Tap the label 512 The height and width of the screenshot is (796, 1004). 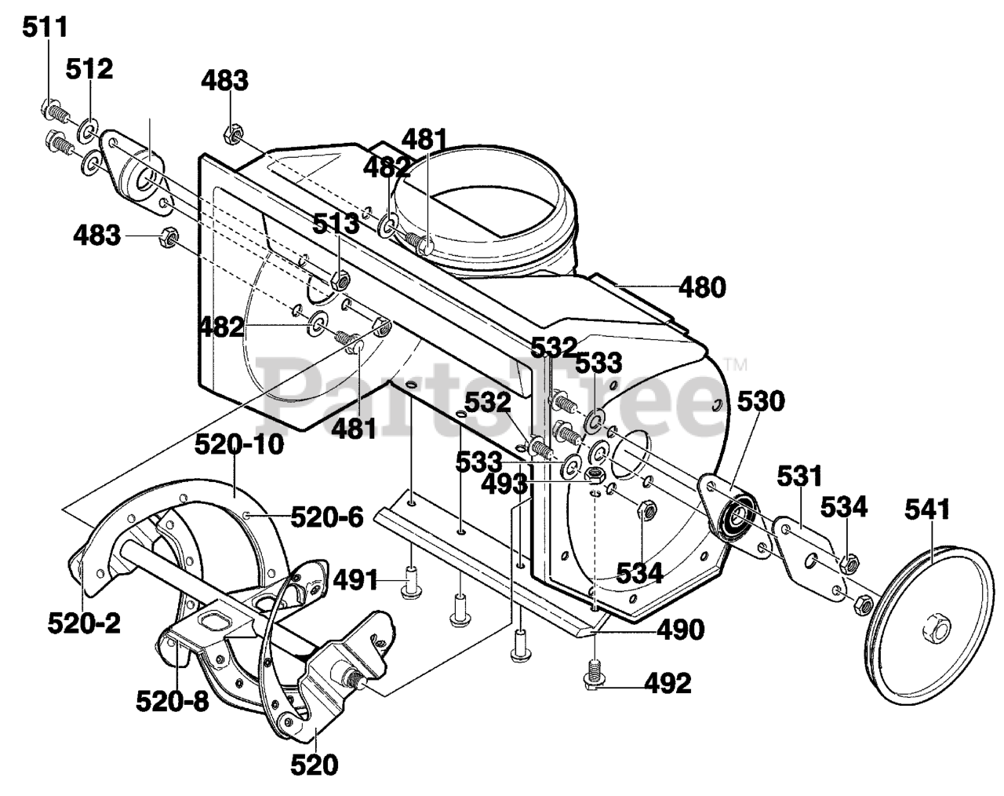(x=89, y=69)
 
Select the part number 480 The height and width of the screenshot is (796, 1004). (x=702, y=287)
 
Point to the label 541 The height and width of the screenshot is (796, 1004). (x=927, y=509)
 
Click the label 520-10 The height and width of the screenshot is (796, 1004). (x=239, y=444)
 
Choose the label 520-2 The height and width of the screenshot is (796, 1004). (x=84, y=623)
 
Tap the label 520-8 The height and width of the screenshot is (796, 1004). (x=172, y=701)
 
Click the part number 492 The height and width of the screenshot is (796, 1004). (x=668, y=685)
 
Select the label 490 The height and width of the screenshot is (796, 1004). (x=681, y=630)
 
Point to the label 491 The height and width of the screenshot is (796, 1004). (x=355, y=581)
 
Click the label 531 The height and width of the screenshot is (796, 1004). (x=799, y=477)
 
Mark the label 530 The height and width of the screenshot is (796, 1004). (x=761, y=401)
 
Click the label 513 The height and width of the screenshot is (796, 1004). (x=336, y=224)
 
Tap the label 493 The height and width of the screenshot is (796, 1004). (x=504, y=484)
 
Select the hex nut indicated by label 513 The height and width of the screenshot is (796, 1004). (x=340, y=281)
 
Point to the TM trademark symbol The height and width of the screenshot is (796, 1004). (x=737, y=363)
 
